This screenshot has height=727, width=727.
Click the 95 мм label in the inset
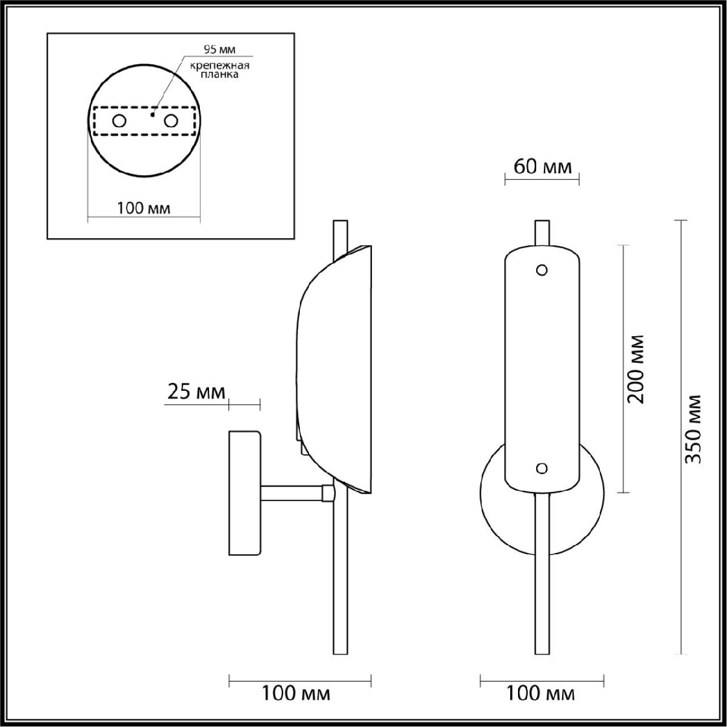click(x=219, y=50)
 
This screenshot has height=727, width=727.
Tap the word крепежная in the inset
click(x=219, y=65)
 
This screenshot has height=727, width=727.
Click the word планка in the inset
click(x=219, y=75)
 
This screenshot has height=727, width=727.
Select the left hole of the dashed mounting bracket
click(x=119, y=121)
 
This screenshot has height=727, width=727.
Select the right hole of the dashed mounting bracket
click(x=171, y=121)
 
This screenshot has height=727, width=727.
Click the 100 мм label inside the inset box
click(x=144, y=208)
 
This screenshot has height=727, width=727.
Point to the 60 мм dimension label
click(x=542, y=167)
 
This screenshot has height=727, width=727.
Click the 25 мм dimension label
click(x=196, y=392)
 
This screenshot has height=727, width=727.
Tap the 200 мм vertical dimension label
click(x=636, y=369)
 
